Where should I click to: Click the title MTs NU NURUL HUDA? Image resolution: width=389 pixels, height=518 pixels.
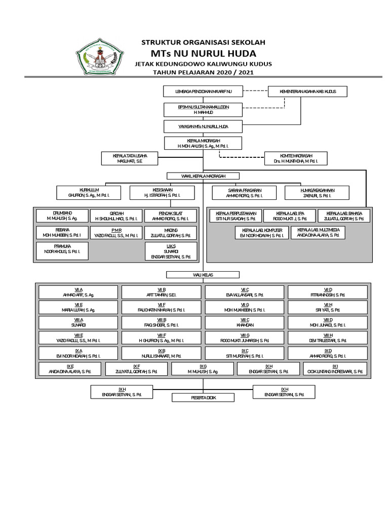(203, 53)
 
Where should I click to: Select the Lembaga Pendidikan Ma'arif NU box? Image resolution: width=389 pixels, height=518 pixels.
(203, 92)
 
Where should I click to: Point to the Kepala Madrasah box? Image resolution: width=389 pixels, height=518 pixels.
(203, 143)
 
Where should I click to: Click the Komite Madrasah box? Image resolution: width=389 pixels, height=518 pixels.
(296, 158)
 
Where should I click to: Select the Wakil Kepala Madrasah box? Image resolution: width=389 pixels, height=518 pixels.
(203, 176)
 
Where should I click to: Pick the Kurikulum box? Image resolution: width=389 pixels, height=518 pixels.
(89, 192)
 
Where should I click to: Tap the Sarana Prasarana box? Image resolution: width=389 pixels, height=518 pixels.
(244, 192)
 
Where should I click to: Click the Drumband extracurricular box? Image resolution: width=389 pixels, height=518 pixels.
(62, 215)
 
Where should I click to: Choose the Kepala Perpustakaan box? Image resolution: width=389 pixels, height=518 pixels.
(236, 215)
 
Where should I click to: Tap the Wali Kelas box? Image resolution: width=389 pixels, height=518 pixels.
(203, 275)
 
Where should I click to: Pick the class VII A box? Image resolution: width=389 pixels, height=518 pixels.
(79, 292)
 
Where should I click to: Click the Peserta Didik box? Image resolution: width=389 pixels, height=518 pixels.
(203, 398)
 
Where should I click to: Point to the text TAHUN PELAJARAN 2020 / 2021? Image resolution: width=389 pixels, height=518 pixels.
(203, 73)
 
